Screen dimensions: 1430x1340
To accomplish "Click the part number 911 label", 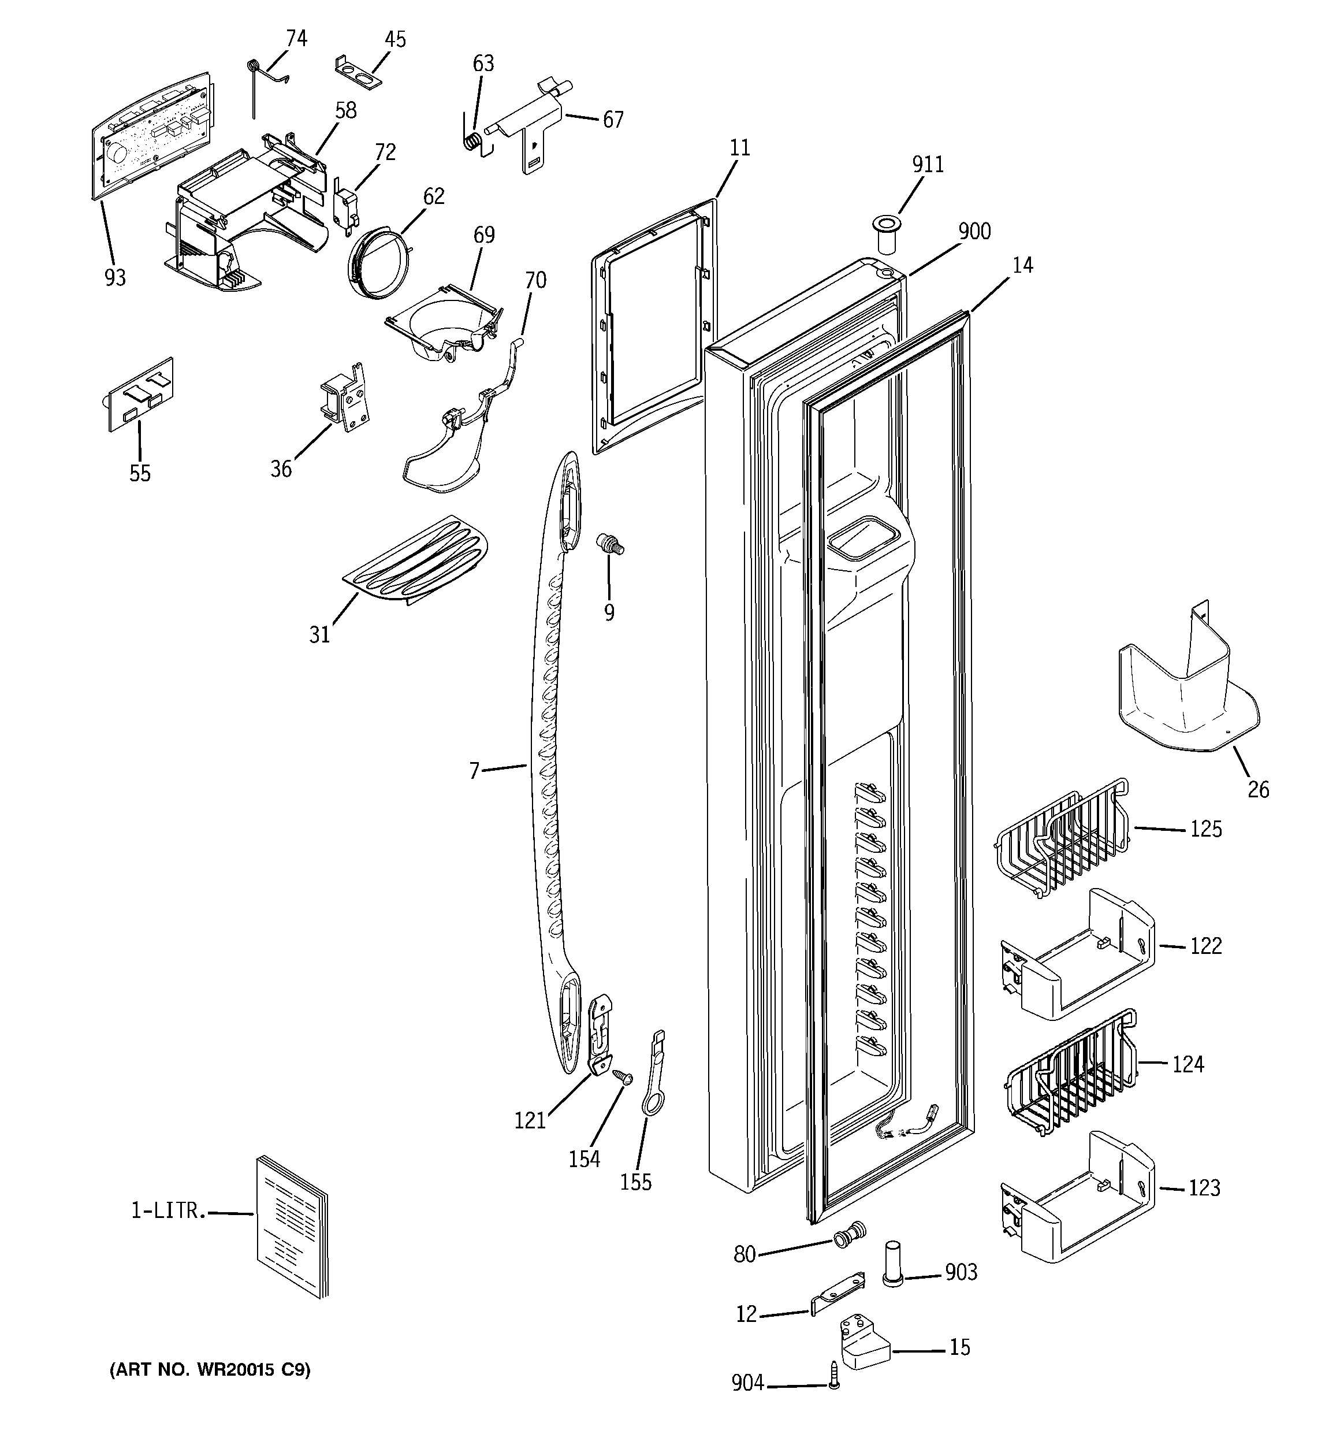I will [928, 165].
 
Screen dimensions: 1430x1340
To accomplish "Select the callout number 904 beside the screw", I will [747, 1383].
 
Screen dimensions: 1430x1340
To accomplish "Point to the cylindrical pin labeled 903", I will [892, 1271].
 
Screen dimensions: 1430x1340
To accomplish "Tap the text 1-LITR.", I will [167, 1212].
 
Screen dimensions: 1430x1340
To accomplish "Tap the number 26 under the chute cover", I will [1258, 790].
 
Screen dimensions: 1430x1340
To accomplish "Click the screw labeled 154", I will [621, 1095].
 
